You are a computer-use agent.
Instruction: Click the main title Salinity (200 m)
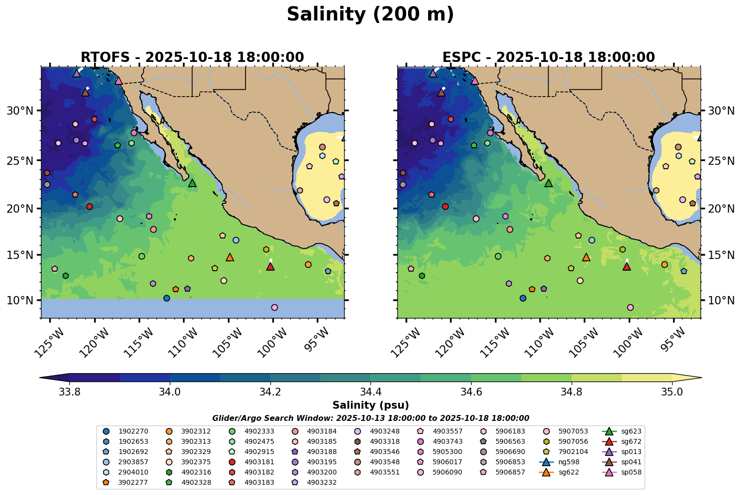pos(370,15)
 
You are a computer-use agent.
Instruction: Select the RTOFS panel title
pos(192,58)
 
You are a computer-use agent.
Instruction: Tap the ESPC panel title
pos(549,58)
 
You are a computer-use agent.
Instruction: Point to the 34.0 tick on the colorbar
pos(169,392)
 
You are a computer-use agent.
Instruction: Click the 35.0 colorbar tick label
pos(672,392)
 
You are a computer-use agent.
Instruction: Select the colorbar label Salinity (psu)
pos(370,405)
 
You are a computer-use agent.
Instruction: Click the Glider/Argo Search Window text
pos(370,418)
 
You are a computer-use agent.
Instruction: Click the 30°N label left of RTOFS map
pos(20,111)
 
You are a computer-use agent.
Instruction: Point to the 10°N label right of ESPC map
pos(721,300)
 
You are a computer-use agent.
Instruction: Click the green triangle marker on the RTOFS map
pos(192,183)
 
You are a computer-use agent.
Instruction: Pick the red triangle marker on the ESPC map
pos(627,266)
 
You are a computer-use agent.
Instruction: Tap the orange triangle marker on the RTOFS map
pos(230,257)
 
